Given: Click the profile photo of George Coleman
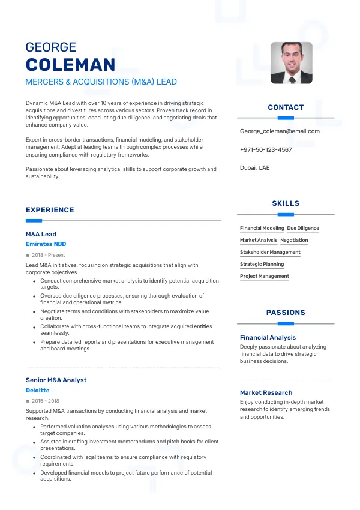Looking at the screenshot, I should pyautogui.click(x=292, y=62).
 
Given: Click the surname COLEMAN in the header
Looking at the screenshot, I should pyautogui.click(x=70, y=65).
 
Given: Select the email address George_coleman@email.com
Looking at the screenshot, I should pyautogui.click(x=280, y=131).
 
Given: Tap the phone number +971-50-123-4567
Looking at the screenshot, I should pyautogui.click(x=266, y=149).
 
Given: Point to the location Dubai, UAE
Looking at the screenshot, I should pyautogui.click(x=255, y=167).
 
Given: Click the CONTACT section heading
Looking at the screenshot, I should pyautogui.click(x=286, y=107).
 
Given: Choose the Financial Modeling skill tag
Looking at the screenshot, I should pyautogui.click(x=262, y=228).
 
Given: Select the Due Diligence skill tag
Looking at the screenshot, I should pyautogui.click(x=303, y=228).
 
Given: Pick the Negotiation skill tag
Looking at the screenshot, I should pyautogui.click(x=294, y=240).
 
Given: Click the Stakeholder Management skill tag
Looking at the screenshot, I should pyautogui.click(x=270, y=252).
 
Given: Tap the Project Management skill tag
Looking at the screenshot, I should pyautogui.click(x=265, y=276).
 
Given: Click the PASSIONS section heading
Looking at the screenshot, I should pyautogui.click(x=286, y=313).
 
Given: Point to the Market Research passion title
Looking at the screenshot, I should pyautogui.click(x=266, y=392).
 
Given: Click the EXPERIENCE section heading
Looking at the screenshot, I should pyautogui.click(x=50, y=210).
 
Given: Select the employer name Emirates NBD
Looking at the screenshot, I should pyautogui.click(x=46, y=244).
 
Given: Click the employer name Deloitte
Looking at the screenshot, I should pyautogui.click(x=38, y=390).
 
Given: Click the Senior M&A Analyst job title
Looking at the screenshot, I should pyautogui.click(x=56, y=380).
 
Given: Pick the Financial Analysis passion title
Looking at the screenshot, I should pyautogui.click(x=268, y=337).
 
